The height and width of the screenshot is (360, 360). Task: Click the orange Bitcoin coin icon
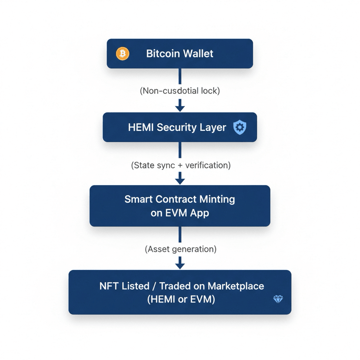click(123, 53)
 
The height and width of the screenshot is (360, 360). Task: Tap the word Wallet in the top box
click(198, 53)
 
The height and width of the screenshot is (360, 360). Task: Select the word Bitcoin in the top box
click(163, 53)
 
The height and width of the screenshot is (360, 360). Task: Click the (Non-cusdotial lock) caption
click(180, 91)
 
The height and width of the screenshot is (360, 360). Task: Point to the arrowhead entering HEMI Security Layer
click(180, 107)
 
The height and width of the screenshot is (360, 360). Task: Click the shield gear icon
click(240, 127)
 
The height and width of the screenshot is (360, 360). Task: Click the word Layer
click(213, 127)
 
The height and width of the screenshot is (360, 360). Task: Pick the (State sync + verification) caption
click(180, 165)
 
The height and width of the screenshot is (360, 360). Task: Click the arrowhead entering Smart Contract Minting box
click(180, 180)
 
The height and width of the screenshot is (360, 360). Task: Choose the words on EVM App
click(180, 213)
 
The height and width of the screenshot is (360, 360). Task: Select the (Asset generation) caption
click(180, 249)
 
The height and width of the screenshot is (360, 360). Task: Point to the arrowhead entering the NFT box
click(180, 265)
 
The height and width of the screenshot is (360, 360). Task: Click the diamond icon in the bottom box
click(278, 299)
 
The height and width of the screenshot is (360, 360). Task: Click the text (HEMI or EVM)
click(180, 300)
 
